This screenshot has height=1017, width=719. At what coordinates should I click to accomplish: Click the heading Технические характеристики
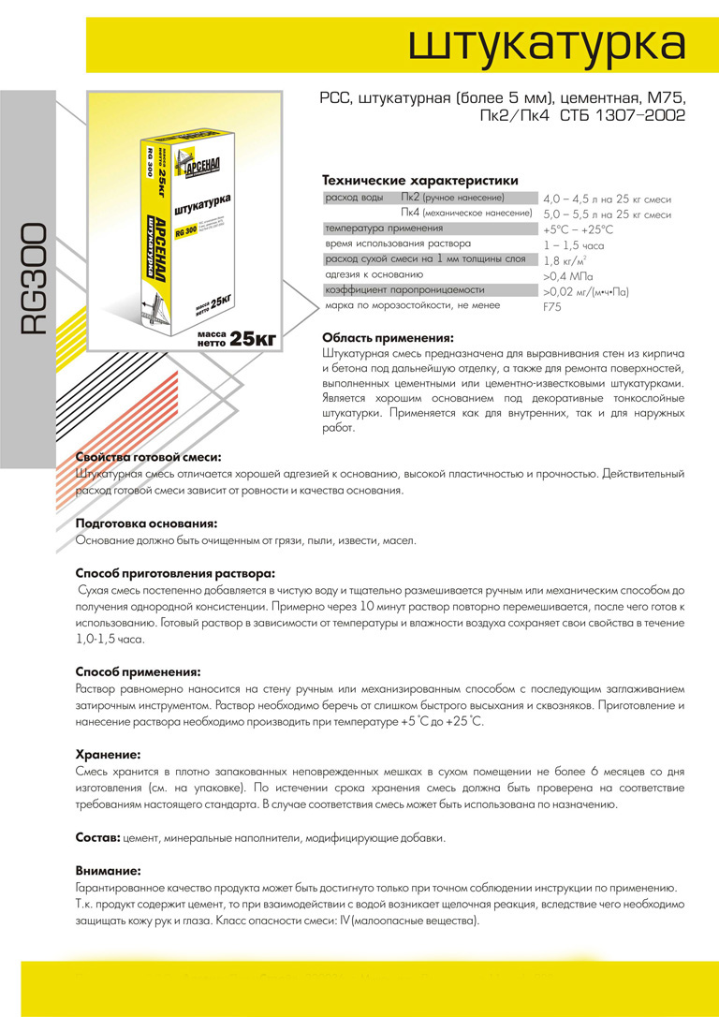tap(419, 180)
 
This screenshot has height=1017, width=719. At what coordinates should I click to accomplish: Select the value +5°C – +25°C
tap(578, 229)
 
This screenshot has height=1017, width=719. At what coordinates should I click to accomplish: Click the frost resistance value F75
tap(552, 306)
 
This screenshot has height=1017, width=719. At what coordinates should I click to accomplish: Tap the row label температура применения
tap(384, 228)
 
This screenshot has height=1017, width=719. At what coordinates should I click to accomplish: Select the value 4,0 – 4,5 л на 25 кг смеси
tap(607, 199)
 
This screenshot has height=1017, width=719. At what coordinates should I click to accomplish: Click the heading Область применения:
tap(388, 338)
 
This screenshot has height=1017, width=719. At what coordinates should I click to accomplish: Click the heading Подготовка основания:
tap(146, 523)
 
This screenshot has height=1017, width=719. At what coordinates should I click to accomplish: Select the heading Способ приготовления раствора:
tap(176, 573)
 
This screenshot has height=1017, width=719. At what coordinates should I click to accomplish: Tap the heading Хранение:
tap(109, 754)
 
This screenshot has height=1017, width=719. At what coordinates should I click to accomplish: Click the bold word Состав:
tap(97, 836)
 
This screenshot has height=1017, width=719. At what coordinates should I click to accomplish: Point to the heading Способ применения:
tap(138, 671)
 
